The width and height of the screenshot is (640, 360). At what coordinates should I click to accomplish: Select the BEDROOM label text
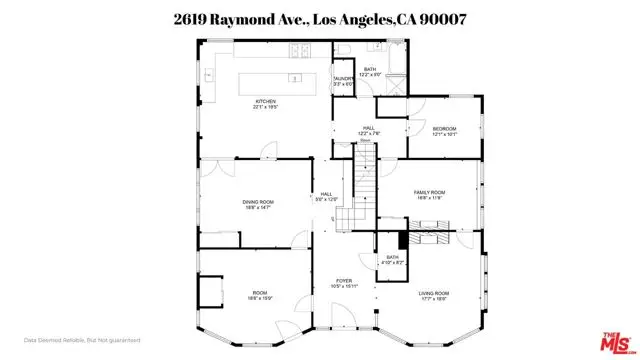(x=444, y=130)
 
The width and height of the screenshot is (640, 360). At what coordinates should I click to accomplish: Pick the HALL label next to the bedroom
(x=367, y=130)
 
